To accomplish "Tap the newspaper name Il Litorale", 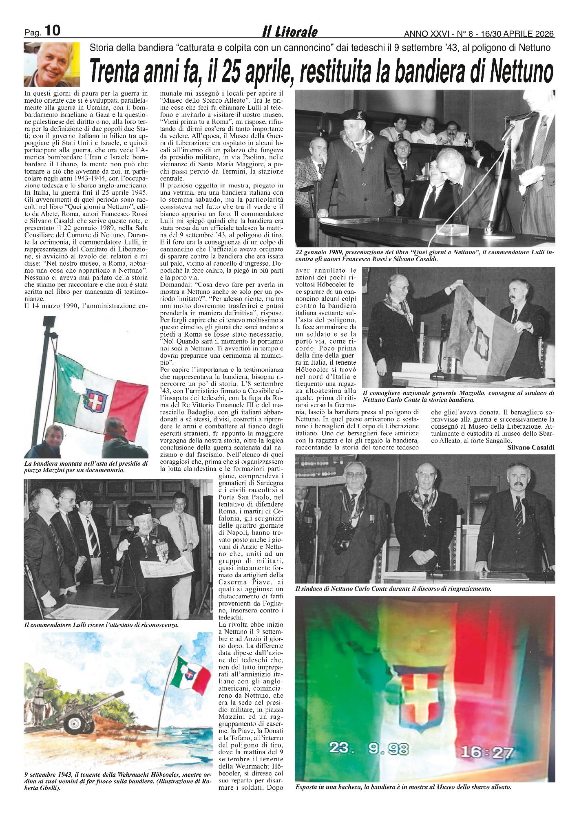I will pos(290,32).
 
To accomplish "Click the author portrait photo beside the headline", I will pos(52,64).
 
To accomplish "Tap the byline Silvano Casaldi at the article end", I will pos(531,447).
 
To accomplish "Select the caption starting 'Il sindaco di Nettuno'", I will pos(393,589).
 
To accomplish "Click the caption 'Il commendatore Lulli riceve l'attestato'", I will pos(102,625).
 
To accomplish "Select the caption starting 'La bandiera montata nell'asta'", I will pos(86,467).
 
